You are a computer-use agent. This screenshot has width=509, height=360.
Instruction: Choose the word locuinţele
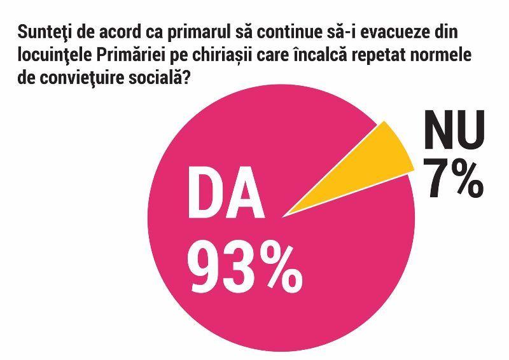point(52,55)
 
